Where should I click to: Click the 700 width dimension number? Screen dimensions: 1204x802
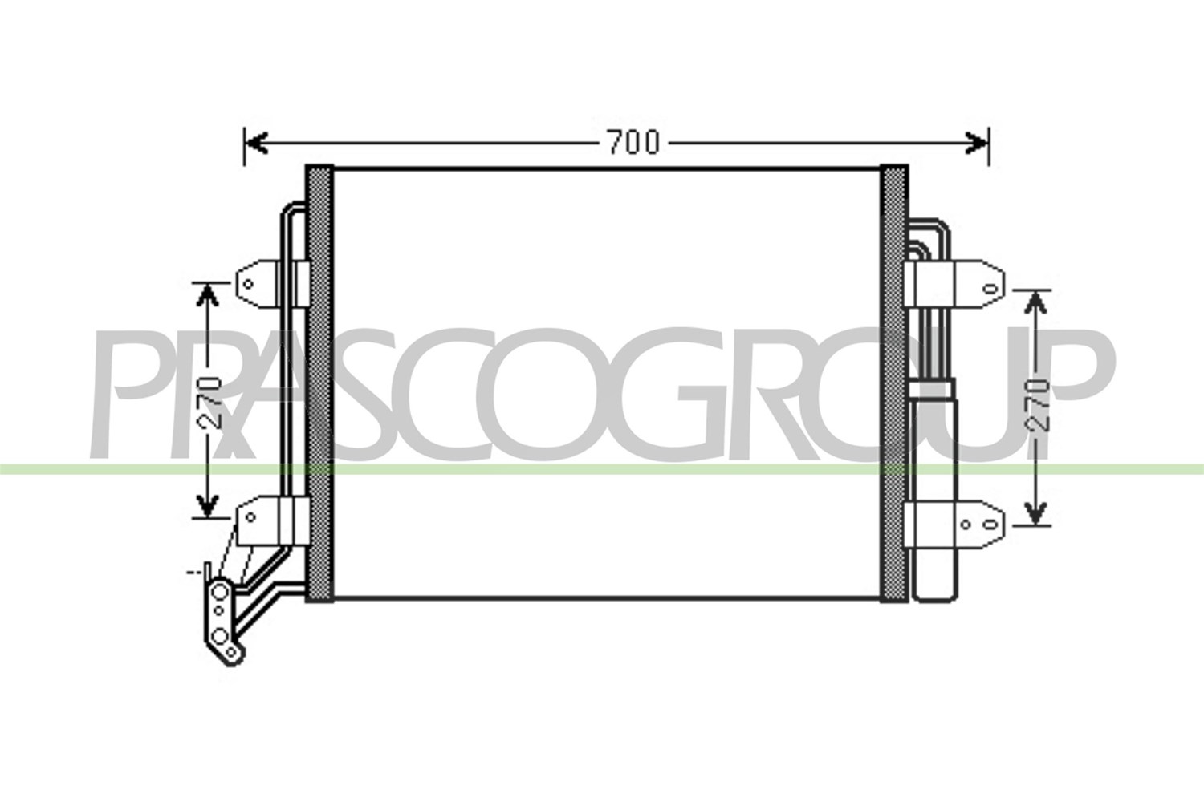coord(634,143)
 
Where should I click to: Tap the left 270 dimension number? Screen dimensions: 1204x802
coord(209,403)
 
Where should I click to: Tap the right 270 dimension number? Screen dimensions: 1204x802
coord(1037,406)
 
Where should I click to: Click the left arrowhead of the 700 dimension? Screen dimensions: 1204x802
coord(257,143)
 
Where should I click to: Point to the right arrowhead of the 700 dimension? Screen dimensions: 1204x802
coord(977,143)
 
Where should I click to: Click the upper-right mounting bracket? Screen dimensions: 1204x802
coord(954,284)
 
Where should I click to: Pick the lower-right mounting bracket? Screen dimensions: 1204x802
coord(954,525)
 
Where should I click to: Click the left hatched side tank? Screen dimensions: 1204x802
coord(319,383)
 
